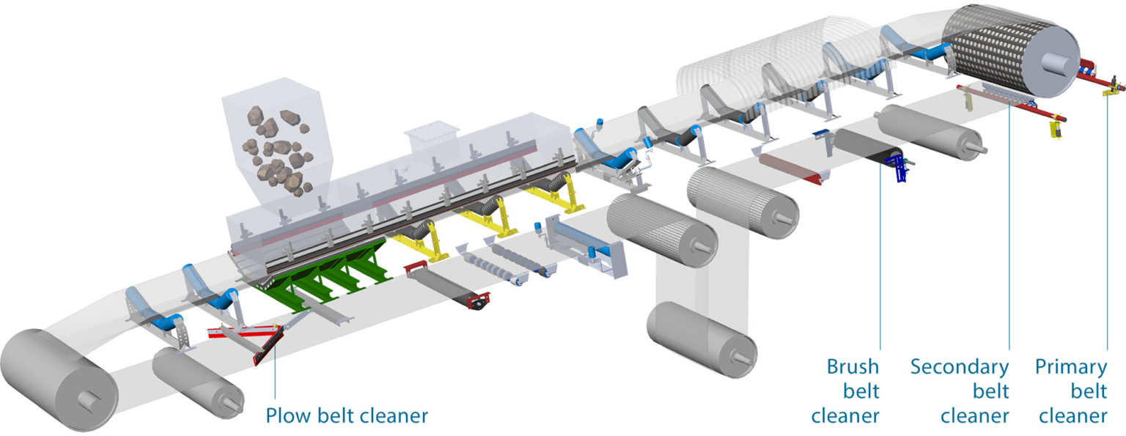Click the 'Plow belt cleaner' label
(346, 416)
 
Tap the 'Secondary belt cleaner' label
(960, 391)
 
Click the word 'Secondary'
(960, 366)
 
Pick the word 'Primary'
(1070, 366)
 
